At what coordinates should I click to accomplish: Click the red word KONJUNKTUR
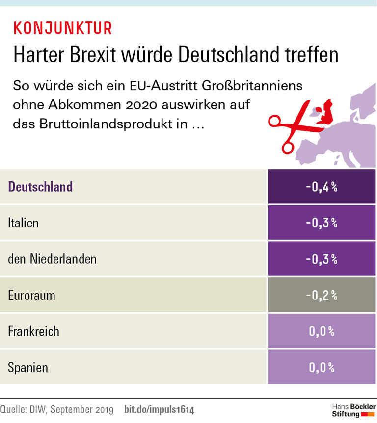(x=63, y=28)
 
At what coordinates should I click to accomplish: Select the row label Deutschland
(x=40, y=187)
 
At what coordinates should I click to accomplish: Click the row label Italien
(x=23, y=223)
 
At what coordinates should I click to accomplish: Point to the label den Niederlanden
(x=52, y=259)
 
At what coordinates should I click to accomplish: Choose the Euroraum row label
(x=31, y=295)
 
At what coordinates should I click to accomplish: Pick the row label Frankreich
(x=33, y=331)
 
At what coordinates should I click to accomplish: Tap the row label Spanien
(x=28, y=367)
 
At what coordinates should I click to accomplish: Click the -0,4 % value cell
(x=322, y=187)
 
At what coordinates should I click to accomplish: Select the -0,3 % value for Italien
(x=322, y=223)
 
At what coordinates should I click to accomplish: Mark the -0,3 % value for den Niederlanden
(x=322, y=259)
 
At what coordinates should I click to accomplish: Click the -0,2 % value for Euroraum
(x=322, y=295)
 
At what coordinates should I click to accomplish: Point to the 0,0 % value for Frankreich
(x=322, y=331)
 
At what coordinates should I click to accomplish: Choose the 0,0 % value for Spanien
(x=322, y=367)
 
